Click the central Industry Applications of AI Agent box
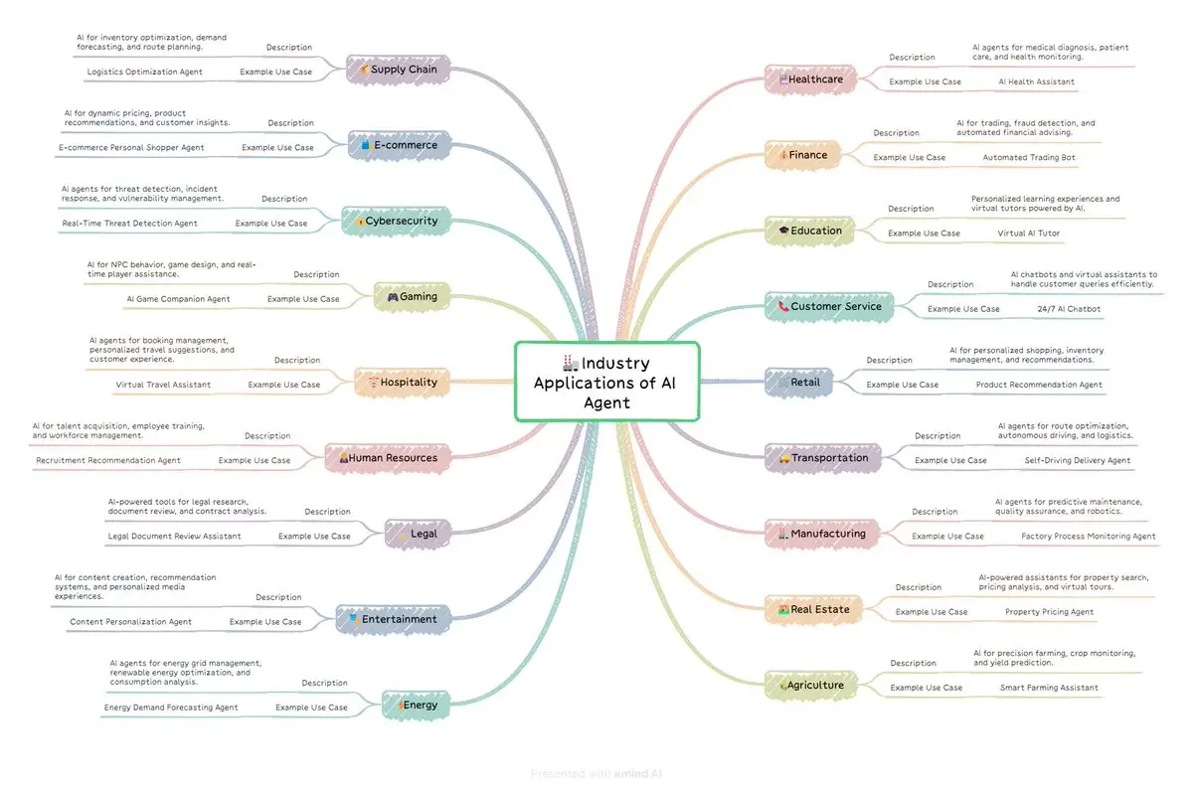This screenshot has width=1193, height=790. point(606,382)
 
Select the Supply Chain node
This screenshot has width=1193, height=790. point(399,70)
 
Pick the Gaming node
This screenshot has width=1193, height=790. point(412,296)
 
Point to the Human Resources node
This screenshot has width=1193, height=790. point(388,458)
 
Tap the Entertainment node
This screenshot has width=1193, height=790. point(388,619)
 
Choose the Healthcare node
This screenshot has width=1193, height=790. point(810,79)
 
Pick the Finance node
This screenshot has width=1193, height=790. point(802,155)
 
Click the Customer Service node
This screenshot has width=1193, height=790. point(829,306)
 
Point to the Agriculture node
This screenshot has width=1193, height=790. point(811,685)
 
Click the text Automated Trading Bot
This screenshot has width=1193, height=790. point(1029,157)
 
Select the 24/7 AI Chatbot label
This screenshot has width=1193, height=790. point(1069,309)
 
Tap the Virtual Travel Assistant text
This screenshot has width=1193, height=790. point(163,385)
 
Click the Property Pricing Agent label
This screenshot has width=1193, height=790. point(1049,612)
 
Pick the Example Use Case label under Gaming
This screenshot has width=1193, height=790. point(303,299)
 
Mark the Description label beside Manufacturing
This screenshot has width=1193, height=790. point(935,512)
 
